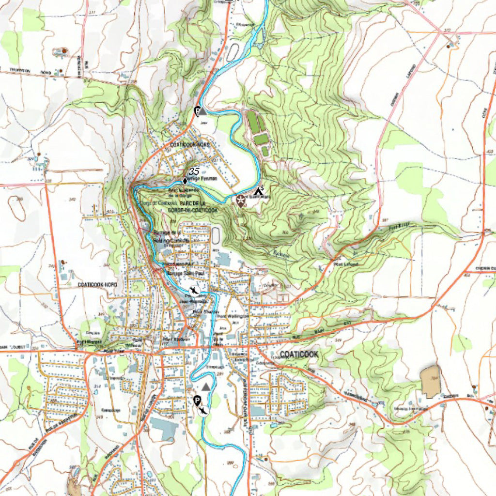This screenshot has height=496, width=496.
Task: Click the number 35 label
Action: pyautogui.click(x=194, y=171)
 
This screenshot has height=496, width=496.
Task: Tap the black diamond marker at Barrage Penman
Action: pyautogui.click(x=185, y=181)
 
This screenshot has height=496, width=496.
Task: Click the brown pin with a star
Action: pyautogui.click(x=240, y=201)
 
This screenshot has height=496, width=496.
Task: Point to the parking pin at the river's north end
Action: pyautogui.click(x=198, y=111)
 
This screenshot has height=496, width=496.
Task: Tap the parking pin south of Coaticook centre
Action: pyautogui.click(x=197, y=401)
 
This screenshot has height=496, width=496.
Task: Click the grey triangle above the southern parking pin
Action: pyautogui.click(x=207, y=387)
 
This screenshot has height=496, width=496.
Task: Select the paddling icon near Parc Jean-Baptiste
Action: pyautogui.click(x=194, y=291)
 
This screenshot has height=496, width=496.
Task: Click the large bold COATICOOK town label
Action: pyautogui.click(x=299, y=355)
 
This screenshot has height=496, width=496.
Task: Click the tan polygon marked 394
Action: pyautogui.click(x=430, y=382)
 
